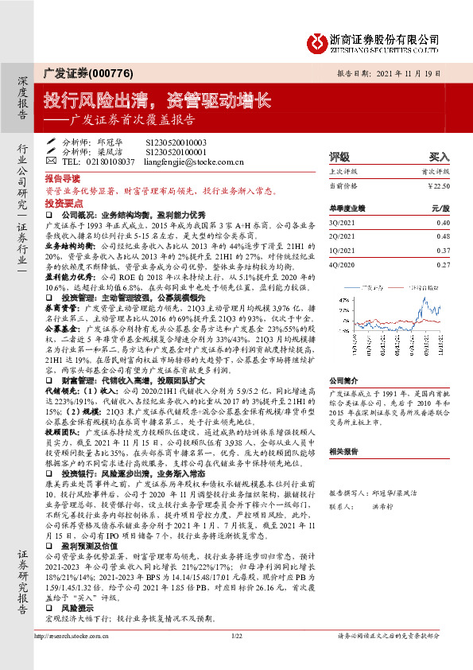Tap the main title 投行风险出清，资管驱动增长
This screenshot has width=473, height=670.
point(157,100)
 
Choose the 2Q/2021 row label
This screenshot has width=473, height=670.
point(343,236)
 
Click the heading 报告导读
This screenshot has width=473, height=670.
point(62,180)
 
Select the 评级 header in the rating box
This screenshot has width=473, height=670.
point(339,157)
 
